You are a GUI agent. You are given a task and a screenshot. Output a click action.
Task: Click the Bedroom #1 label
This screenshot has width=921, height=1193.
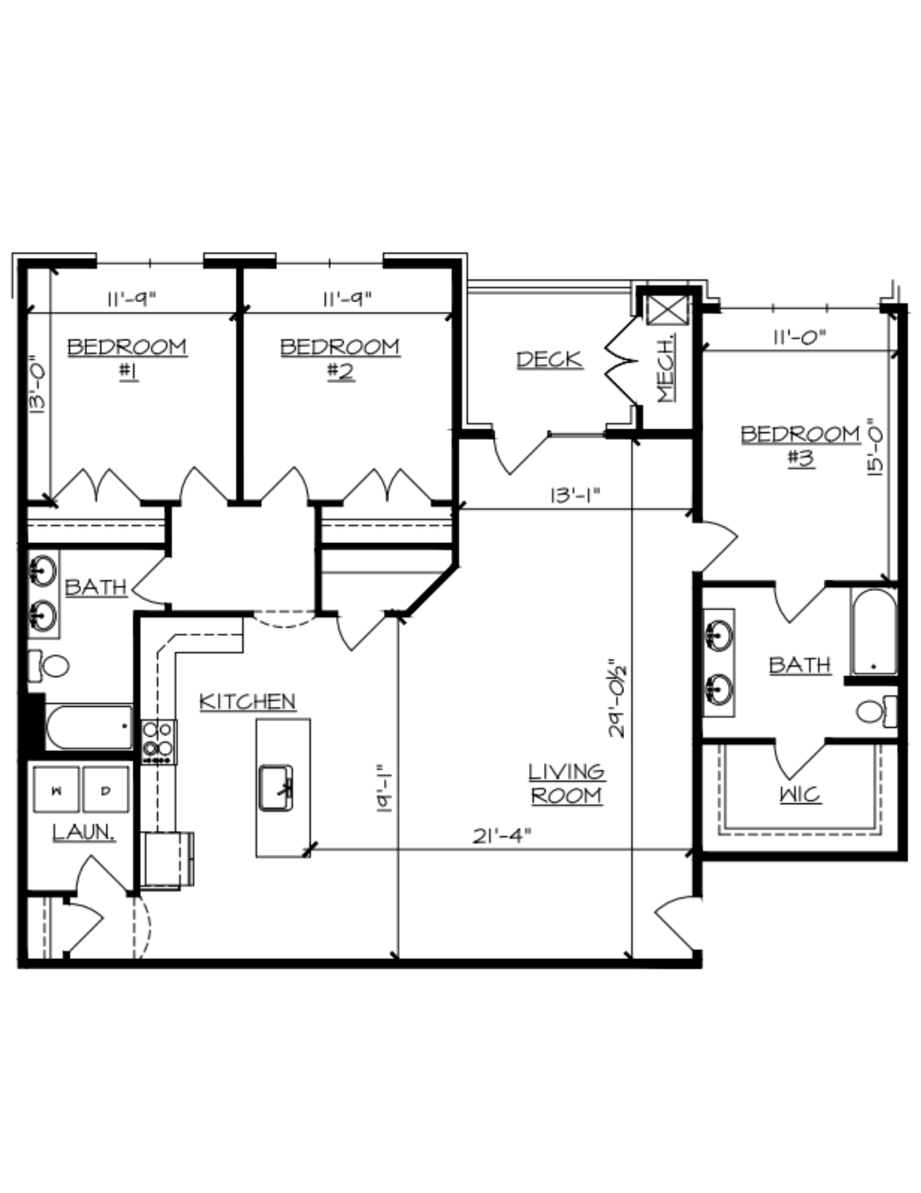coord(128,359)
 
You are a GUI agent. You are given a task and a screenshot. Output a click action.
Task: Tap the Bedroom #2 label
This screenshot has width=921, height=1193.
coord(340,359)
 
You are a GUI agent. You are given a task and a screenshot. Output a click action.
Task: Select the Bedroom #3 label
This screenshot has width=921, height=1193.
coord(801,446)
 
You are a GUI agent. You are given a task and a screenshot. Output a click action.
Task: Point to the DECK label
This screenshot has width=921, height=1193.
coord(549,359)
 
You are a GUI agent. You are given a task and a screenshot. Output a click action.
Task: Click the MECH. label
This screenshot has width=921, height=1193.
coord(666,368)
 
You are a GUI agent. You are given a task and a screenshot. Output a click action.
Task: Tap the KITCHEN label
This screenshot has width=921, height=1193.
coord(247,701)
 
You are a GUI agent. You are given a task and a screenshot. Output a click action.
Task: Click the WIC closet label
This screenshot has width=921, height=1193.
coord(800,795)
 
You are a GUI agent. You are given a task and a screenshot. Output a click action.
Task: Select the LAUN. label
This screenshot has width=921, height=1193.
coord(83,832)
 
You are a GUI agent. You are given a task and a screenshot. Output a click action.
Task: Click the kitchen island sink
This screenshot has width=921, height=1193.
coord(275,788)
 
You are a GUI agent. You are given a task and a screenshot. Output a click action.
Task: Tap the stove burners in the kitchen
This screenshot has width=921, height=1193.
coord(159,742)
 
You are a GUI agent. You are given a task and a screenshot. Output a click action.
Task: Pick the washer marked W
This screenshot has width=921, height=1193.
coord(57,790)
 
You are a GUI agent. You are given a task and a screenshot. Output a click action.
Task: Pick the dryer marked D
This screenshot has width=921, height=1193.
coord(106,790)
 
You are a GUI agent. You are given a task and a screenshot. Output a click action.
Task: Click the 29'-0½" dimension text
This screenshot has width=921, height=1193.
coord(616,699)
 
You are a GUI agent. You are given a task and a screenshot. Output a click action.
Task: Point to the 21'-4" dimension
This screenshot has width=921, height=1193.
coord(501,836)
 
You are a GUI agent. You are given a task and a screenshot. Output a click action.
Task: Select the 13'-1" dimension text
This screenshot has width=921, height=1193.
coord(575,496)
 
